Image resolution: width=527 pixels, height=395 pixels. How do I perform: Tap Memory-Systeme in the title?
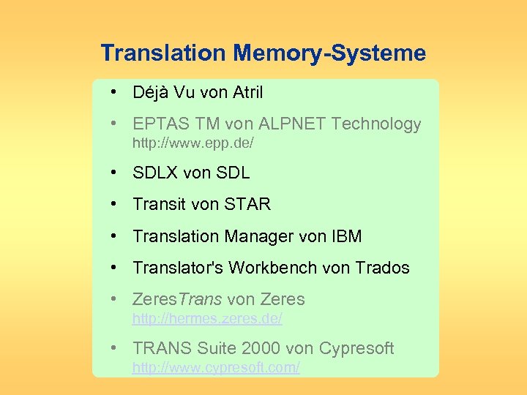[x=329, y=53]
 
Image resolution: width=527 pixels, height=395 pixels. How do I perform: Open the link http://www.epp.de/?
[x=193, y=143]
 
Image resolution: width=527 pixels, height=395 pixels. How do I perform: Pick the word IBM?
[x=346, y=237]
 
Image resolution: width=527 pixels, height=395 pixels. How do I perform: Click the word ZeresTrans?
[x=178, y=300]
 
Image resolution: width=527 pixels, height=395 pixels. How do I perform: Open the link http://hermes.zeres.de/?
[x=206, y=319]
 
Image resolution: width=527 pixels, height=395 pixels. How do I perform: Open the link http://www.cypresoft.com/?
[x=215, y=367]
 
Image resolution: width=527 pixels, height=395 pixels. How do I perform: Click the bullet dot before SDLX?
[x=116, y=173]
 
